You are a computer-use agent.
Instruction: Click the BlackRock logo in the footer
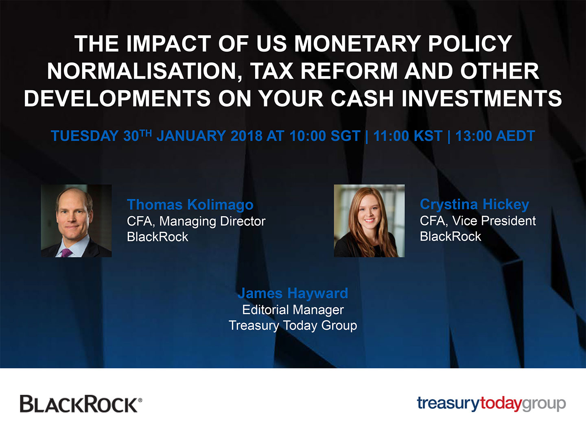click(x=81, y=404)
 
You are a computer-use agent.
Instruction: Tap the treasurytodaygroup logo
click(x=491, y=404)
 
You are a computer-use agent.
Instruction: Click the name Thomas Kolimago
click(x=190, y=205)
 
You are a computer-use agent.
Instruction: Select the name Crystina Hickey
click(x=474, y=204)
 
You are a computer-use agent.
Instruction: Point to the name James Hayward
click(x=293, y=293)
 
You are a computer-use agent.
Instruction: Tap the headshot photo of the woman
click(x=369, y=221)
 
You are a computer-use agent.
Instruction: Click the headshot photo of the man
click(x=76, y=221)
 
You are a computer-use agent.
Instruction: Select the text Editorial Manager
click(x=293, y=310)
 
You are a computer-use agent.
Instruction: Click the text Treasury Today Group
click(x=293, y=326)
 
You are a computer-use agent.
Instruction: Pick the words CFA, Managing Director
click(x=196, y=221)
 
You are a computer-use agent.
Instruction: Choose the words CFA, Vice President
click(x=477, y=221)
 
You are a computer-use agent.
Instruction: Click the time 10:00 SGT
click(x=325, y=136)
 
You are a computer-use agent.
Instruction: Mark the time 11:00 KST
click(x=407, y=136)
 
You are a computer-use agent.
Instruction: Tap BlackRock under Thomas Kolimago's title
click(x=157, y=237)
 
